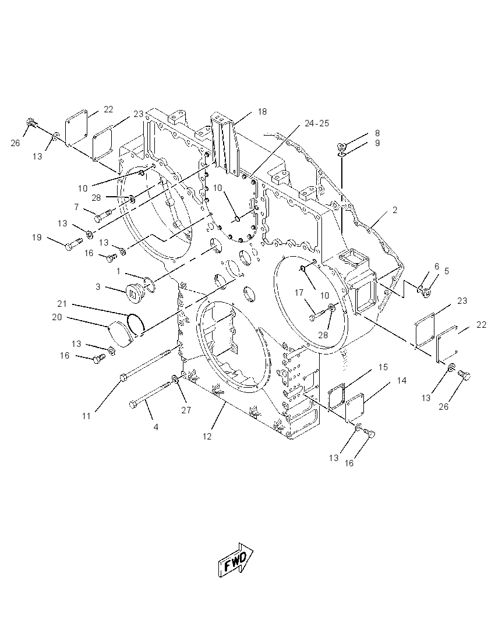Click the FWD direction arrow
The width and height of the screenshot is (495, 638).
tap(236, 559)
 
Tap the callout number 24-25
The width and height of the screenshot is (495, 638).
tap(317, 123)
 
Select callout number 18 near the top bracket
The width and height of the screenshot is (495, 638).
tap(262, 112)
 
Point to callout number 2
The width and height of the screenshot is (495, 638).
tap(395, 210)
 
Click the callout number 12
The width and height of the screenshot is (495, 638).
tap(207, 436)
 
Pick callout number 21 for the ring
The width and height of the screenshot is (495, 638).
tap(62, 304)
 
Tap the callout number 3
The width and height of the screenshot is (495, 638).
tap(98, 287)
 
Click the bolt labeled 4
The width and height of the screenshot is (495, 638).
tap(151, 395)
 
